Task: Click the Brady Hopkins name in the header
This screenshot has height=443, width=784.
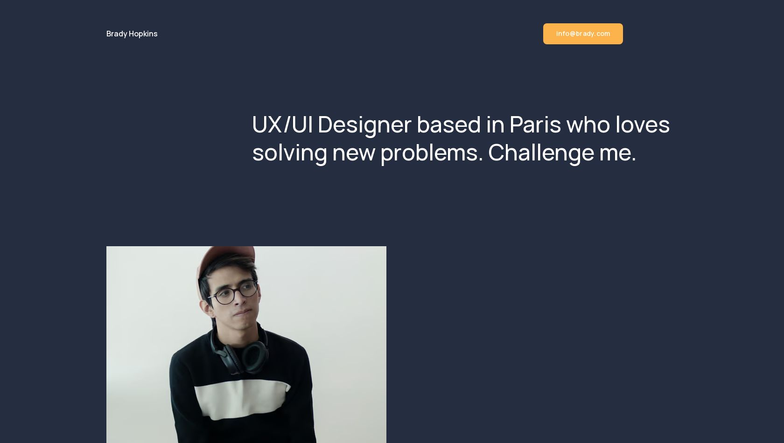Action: coord(132,34)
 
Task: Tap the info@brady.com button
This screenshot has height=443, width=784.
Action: coord(583,34)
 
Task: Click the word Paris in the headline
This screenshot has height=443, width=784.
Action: coord(535,125)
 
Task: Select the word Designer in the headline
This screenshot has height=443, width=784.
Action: coord(364,125)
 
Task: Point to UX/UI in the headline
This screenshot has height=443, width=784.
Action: coord(282,125)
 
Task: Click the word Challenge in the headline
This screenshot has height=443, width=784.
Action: coord(541,153)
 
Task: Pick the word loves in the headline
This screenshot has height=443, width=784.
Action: coord(643,125)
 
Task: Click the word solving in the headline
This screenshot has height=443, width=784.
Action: coord(290,153)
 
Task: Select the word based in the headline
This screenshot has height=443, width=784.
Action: coord(449,125)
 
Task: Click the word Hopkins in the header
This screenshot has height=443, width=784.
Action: coord(143,34)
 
